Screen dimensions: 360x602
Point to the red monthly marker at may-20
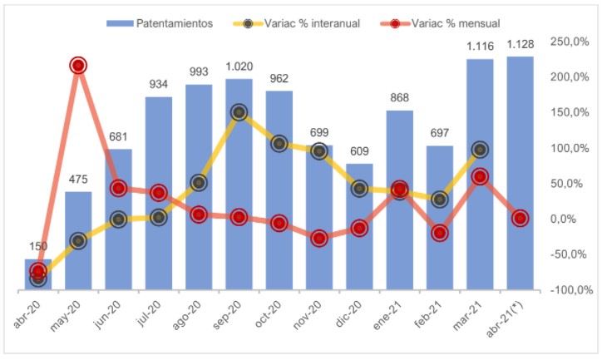(78, 66)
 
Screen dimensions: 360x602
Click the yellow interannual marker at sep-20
(239, 112)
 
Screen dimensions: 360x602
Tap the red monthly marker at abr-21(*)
(520, 219)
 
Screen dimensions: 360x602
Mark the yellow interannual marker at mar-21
(480, 150)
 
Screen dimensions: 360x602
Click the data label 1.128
(520, 46)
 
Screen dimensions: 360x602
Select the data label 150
(37, 247)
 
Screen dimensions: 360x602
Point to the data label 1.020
(239, 67)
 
